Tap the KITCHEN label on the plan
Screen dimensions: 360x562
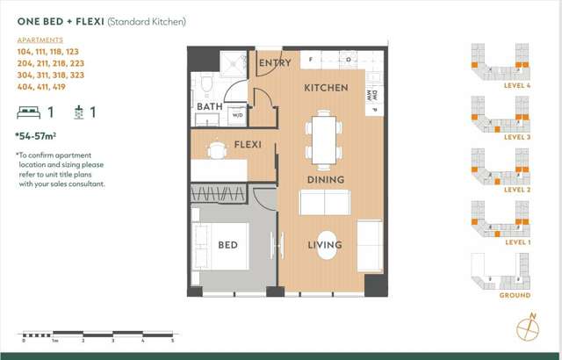tap(326, 88)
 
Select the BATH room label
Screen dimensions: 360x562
tap(209, 107)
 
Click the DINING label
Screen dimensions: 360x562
tap(325, 180)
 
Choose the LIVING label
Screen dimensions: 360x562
tap(325, 245)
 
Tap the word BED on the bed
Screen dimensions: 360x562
tap(228, 246)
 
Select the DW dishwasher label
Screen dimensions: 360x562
tap(373, 95)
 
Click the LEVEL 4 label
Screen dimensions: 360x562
tap(519, 85)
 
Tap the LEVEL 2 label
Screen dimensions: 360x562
tap(519, 190)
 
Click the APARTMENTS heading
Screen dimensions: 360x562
tap(40, 40)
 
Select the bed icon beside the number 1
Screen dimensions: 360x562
tap(28, 112)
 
